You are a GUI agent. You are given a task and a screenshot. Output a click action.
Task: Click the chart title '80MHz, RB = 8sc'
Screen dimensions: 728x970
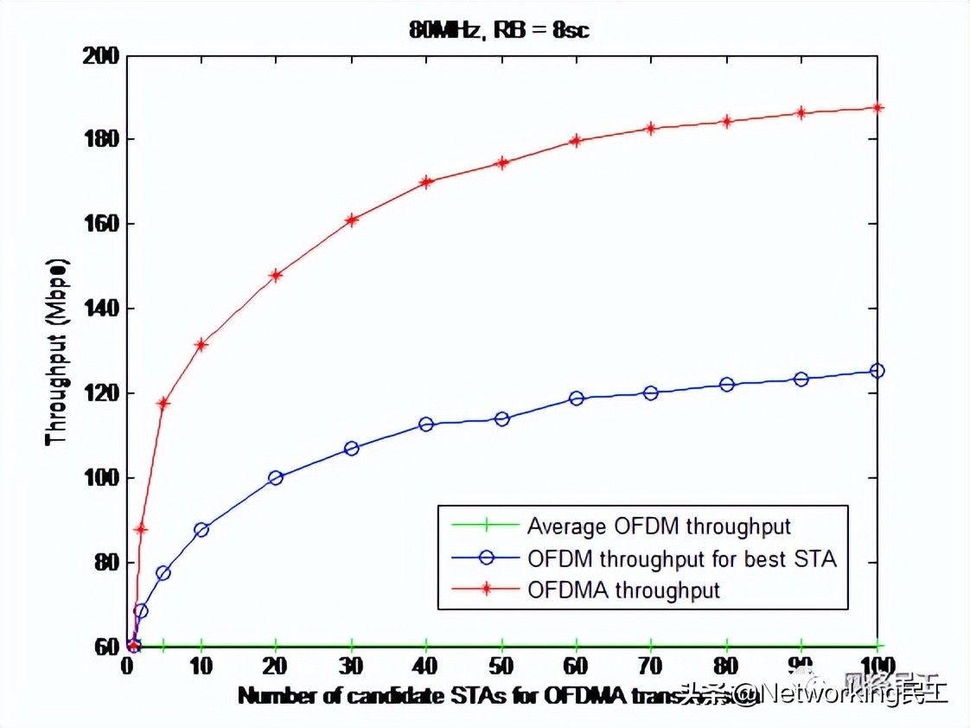(x=501, y=30)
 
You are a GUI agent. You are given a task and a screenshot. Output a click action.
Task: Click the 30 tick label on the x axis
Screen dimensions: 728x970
(x=351, y=667)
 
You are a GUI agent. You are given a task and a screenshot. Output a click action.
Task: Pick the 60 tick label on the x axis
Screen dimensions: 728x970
(x=577, y=667)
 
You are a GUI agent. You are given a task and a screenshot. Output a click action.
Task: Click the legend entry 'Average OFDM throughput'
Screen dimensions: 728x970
(x=659, y=526)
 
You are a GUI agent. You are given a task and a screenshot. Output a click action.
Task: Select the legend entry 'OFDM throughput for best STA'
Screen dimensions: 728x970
(x=682, y=559)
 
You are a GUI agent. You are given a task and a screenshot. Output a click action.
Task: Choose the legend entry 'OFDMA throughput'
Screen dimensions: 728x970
(x=623, y=591)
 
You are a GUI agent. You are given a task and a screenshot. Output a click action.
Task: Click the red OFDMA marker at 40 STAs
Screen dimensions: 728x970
(x=426, y=182)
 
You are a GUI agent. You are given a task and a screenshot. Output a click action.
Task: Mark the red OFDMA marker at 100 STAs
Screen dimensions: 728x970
(x=877, y=107)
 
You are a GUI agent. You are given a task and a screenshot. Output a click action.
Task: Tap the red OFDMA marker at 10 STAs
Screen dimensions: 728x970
(x=201, y=345)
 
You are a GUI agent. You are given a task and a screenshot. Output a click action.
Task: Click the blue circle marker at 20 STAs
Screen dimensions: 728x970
(x=276, y=477)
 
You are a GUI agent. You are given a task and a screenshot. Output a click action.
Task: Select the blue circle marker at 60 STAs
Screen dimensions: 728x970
(x=577, y=399)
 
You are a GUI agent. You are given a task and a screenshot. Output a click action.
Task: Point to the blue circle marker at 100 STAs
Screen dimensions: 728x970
(x=877, y=371)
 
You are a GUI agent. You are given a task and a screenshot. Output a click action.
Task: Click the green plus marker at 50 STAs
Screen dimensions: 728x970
(x=501, y=646)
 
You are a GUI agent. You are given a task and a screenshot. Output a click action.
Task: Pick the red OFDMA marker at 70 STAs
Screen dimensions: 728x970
(x=652, y=129)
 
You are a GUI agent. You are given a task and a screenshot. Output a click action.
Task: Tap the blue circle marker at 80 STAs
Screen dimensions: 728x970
(x=727, y=384)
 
